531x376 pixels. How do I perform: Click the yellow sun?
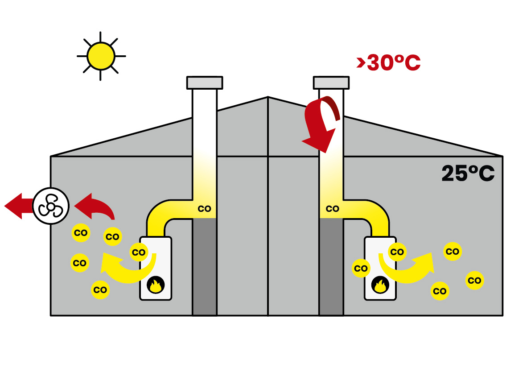[101, 56]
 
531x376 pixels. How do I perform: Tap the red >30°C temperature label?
[388, 63]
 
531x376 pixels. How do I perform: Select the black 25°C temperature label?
[468, 173]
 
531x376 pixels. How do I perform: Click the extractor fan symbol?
[51, 206]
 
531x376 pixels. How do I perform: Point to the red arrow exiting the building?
[19, 206]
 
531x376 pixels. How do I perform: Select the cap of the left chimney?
[205, 83]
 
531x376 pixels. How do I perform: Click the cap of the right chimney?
[331, 83]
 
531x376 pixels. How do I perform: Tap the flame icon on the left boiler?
[155, 285]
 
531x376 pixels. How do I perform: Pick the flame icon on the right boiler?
[380, 285]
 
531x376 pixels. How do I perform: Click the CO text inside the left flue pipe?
[204, 208]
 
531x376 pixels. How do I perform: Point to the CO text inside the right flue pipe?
[332, 208]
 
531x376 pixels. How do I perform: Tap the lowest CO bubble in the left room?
[100, 290]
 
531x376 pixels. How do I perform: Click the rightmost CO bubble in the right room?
[475, 281]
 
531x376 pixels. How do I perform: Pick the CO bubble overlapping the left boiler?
[139, 252]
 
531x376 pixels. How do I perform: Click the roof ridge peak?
[268, 97]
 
